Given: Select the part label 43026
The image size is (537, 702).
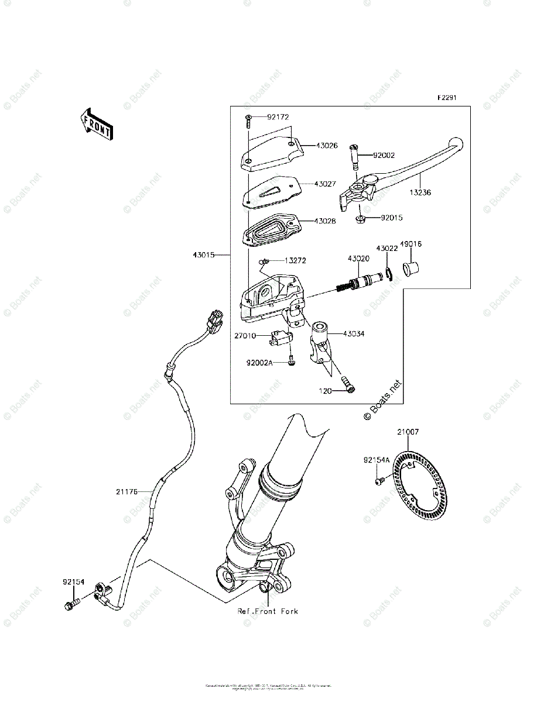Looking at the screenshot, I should coord(326,145).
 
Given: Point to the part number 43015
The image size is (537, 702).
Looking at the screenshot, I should coord(203,255).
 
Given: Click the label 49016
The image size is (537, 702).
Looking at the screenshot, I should coord(412,244).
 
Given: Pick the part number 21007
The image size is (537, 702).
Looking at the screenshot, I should coord(408,432).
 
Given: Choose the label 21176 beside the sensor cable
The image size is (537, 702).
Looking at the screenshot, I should coord(126,492).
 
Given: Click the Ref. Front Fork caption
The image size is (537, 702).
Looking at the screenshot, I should coord(267,611).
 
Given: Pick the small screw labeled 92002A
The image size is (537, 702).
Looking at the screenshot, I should coord(291,363).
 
